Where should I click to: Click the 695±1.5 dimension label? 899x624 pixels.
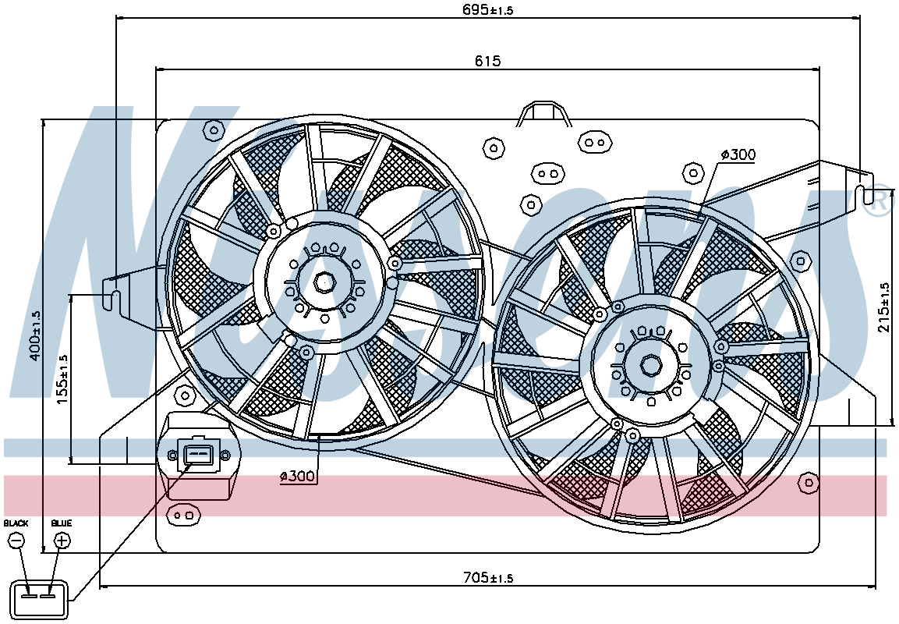(487, 9)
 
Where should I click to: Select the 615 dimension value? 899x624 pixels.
(488, 60)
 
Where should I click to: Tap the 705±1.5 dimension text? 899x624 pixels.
(488, 576)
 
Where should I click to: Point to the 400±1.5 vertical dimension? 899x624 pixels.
(36, 336)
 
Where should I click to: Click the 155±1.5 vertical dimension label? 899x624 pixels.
(62, 379)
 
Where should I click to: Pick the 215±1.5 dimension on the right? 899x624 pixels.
(885, 307)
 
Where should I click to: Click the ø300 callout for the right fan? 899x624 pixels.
(739, 154)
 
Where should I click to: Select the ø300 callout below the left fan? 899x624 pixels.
(298, 476)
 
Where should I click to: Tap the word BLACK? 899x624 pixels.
(16, 523)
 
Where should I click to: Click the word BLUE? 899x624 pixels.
(62, 523)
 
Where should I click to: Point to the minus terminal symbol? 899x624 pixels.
(16, 541)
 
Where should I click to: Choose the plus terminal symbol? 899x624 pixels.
(62, 541)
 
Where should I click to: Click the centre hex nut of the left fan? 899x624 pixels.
(324, 282)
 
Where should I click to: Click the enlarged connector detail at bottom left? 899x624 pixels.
(40, 600)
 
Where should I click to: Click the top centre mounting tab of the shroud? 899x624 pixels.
(543, 114)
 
